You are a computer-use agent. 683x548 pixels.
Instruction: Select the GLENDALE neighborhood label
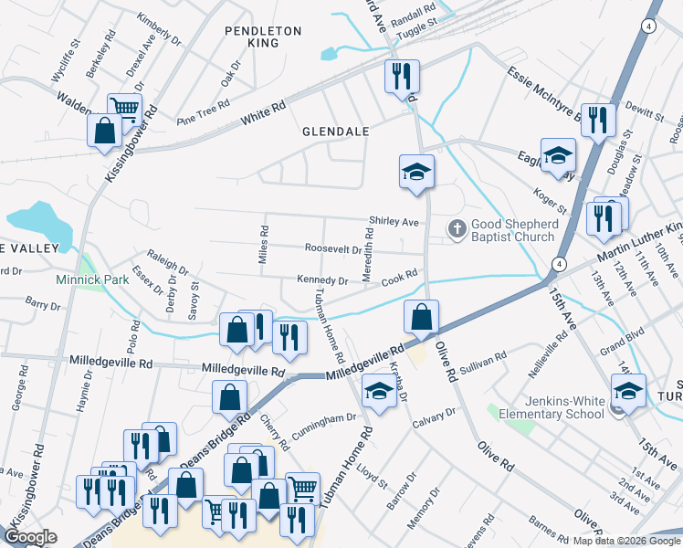pos(336,132)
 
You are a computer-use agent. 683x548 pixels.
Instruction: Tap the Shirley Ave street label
pos(394,222)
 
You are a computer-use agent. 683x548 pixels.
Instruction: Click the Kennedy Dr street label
pos(322,280)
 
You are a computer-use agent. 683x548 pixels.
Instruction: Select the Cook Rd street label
pos(399,274)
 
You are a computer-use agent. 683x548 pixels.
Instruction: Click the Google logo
pos(31,537)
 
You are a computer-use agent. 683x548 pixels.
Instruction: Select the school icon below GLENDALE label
pos(416,171)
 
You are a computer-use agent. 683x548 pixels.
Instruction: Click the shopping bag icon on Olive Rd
pos(421,317)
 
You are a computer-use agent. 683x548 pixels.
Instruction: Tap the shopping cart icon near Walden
pos(124,109)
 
